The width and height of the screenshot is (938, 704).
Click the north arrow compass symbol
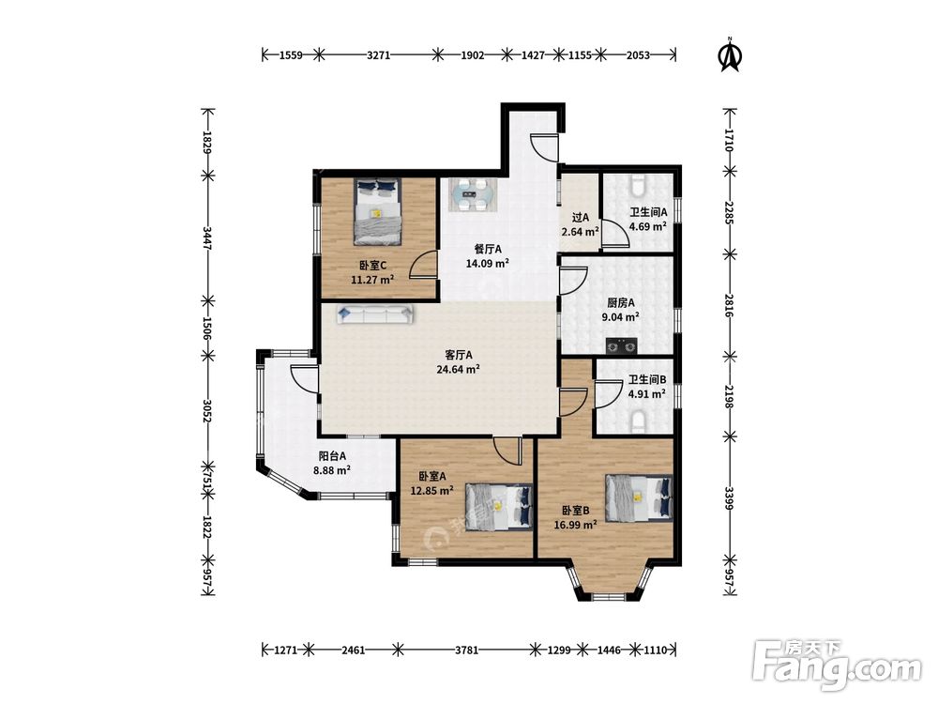729,54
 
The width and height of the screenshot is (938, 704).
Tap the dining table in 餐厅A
473,194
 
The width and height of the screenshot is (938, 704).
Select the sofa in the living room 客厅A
375,314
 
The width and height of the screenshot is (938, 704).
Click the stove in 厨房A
622,345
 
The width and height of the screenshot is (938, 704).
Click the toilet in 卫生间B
638,421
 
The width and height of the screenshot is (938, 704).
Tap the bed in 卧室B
639,497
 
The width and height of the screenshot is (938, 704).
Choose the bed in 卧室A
499,508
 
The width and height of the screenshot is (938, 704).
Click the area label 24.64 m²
459,369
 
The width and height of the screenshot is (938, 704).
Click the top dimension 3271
378,55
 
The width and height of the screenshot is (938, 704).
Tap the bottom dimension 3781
466,650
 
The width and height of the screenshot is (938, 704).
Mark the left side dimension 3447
207,237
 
